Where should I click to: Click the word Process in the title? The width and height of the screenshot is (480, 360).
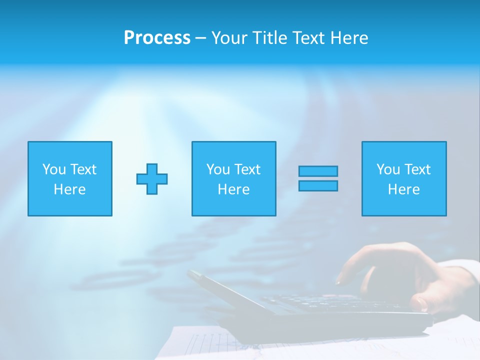pos(157,38)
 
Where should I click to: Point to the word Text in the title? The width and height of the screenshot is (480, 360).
pos(309,38)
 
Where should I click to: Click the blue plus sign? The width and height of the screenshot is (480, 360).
pos(152,178)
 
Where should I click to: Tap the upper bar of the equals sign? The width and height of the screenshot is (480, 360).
pos(318,171)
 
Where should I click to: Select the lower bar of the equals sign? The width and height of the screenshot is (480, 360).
pos(318,185)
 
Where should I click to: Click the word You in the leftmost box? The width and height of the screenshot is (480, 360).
pos(54,169)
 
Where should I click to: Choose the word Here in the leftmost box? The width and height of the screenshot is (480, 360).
pos(69,189)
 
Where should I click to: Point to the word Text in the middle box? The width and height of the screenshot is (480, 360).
pos(247,169)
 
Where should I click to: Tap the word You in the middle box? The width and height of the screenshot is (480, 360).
pos(218,169)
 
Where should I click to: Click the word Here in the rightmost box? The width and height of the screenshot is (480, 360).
pos(403,189)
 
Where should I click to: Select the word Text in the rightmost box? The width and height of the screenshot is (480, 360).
pos(417,169)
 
